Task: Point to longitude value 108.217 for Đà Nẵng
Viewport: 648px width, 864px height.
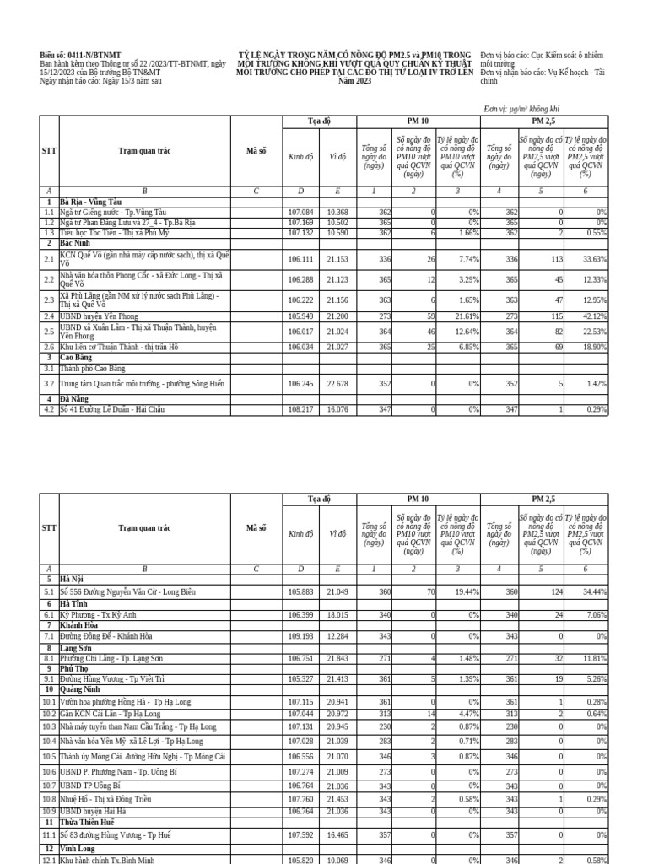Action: [300, 409]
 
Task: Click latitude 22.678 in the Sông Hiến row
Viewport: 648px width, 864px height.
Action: [337, 383]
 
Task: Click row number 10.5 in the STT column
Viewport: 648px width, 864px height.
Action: [49, 757]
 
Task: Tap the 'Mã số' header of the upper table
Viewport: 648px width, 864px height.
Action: [256, 151]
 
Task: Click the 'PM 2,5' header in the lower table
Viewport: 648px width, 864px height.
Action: [543, 499]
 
